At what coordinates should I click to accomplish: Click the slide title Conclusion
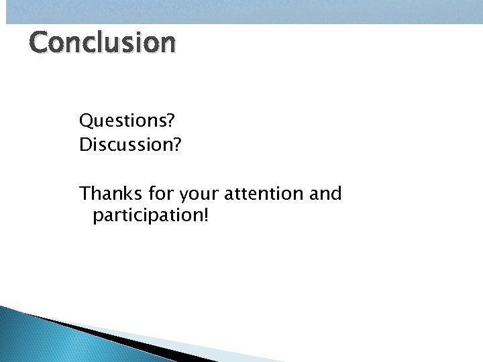103,42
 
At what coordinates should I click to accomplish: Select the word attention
262,194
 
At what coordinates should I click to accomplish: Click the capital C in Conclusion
40,42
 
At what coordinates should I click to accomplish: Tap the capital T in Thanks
85,194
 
